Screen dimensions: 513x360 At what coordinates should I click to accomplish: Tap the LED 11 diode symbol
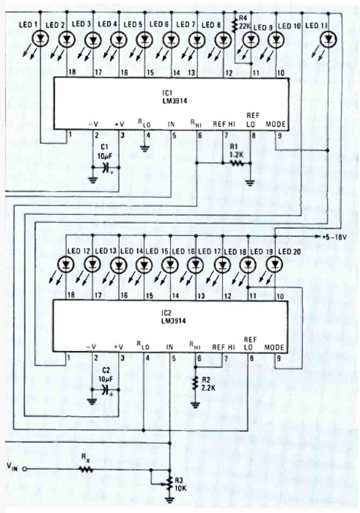coord(328,41)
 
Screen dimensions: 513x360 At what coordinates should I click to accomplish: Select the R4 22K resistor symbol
coord(234,26)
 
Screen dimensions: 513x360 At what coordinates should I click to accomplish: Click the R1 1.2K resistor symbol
coord(236,164)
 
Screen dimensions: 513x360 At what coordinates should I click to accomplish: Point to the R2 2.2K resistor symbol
coord(195,383)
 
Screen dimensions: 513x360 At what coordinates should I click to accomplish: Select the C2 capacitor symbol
coord(105,389)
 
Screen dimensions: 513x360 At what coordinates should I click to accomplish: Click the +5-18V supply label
coord(334,237)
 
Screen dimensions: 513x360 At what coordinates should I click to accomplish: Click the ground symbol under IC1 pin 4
coord(144,150)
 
